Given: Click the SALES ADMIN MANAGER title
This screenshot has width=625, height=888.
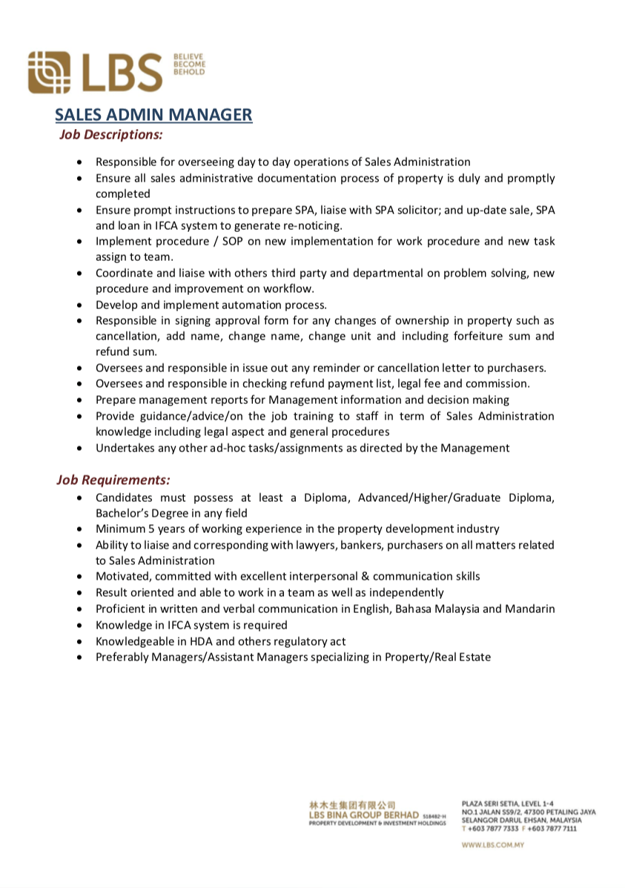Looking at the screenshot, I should [x=153, y=115].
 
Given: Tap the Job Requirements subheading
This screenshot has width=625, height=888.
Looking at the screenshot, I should [x=113, y=480].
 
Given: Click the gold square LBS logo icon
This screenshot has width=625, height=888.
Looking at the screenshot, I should [x=50, y=72].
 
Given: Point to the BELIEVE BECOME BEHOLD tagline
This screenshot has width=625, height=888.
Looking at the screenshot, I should [x=189, y=64].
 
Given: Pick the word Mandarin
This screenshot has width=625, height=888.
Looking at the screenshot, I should [x=529, y=609].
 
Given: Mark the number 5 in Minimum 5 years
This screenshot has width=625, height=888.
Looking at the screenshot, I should [x=152, y=529].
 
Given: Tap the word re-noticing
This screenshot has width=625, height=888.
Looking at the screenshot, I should [x=308, y=225].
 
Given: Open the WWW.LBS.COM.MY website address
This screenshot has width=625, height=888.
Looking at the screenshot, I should [x=492, y=845].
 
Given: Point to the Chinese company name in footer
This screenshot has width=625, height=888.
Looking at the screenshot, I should [x=352, y=805].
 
